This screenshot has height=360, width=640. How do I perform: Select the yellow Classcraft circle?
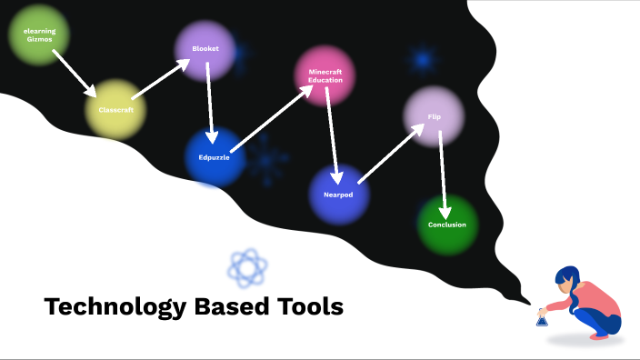point(115,109)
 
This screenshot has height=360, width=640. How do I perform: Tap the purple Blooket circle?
point(205,49)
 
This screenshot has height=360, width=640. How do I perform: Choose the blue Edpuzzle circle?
point(216,156)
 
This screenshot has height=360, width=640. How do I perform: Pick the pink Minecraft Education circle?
point(325,75)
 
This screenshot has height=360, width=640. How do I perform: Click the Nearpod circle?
point(339,195)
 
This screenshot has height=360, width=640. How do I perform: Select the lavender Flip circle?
point(434,116)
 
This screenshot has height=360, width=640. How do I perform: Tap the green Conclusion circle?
point(446,225)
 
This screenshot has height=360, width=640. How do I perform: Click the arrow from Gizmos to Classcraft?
point(74,73)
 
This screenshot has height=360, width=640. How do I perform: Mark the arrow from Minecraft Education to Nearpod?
point(334,136)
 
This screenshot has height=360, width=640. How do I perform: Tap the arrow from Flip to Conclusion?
point(443,173)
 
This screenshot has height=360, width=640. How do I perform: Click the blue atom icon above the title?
point(248,267)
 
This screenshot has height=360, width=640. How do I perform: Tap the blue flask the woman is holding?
point(542,318)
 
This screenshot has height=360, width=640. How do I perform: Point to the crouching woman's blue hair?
point(568,277)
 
